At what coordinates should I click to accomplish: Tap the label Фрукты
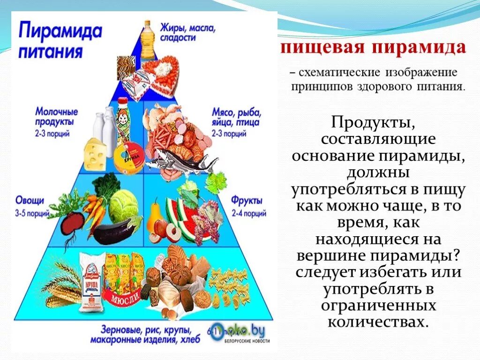point(246,201)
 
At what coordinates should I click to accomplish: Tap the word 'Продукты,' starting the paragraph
point(373,123)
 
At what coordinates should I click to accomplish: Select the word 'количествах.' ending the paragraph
point(378,322)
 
